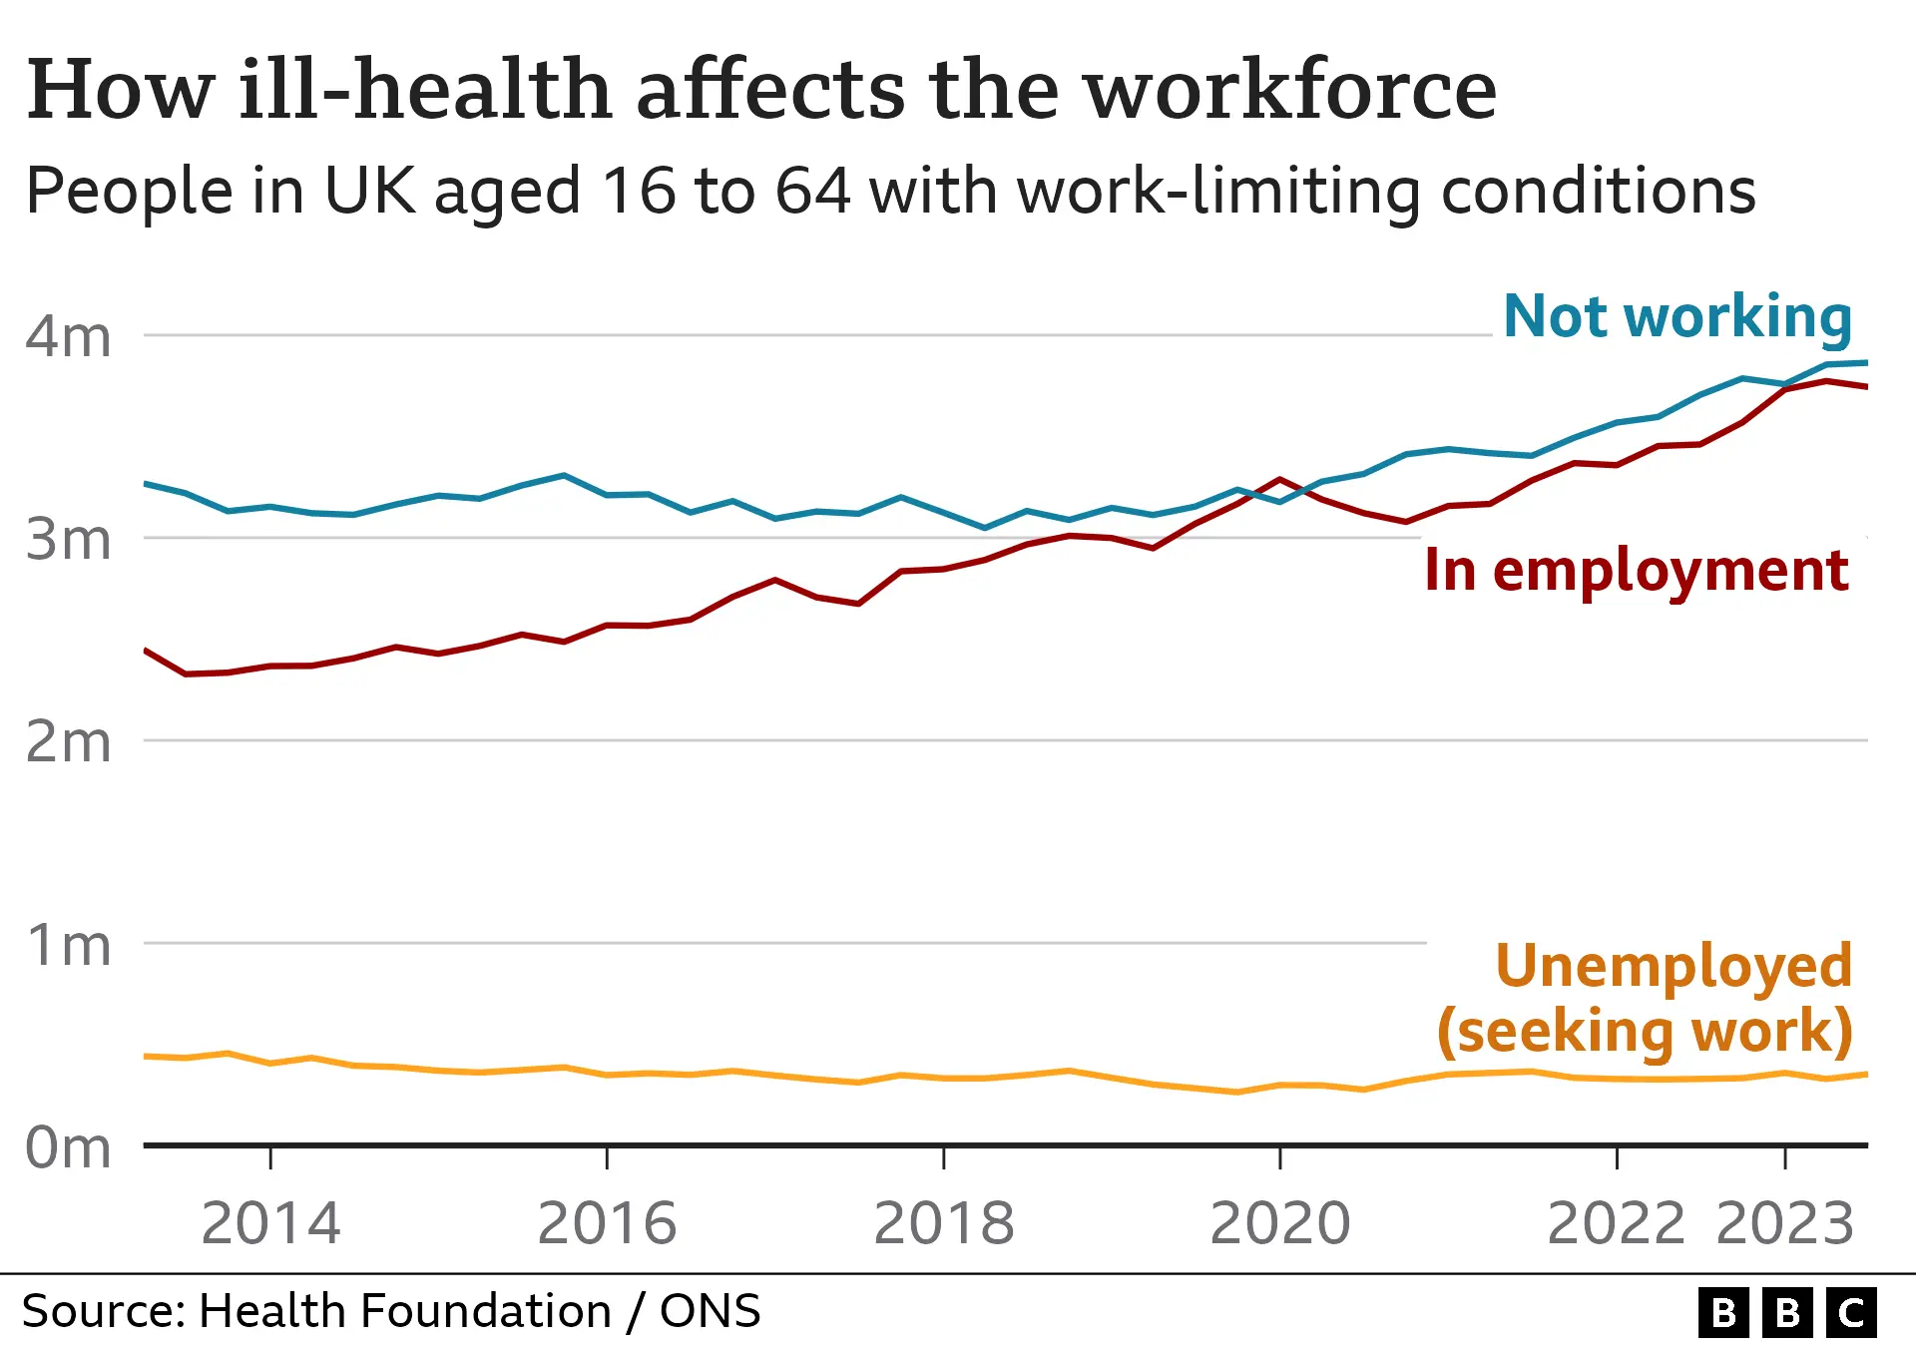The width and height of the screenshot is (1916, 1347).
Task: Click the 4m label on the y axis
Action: [x=68, y=337]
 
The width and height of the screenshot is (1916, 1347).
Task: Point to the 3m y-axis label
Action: [x=68, y=540]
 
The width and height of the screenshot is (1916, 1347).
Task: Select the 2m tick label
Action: [x=68, y=742]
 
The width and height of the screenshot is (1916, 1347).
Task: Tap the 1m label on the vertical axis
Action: [x=68, y=945]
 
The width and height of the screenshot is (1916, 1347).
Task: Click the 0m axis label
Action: [x=68, y=1147]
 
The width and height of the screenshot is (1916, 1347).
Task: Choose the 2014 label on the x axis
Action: [x=270, y=1223]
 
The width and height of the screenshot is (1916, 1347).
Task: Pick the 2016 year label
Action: [x=607, y=1223]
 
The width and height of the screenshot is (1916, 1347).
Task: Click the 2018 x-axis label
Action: [x=944, y=1223]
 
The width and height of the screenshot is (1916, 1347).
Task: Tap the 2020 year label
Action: [x=1280, y=1223]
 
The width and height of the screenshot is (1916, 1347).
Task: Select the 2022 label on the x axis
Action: [x=1617, y=1223]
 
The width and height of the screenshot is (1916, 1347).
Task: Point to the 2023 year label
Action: [x=1785, y=1223]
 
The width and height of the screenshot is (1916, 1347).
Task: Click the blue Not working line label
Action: [x=1677, y=317]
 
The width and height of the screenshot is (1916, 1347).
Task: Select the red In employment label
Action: [x=1637, y=571]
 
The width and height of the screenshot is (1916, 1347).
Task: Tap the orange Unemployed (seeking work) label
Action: [x=1645, y=998]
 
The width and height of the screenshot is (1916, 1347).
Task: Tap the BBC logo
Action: [x=1787, y=1312]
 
